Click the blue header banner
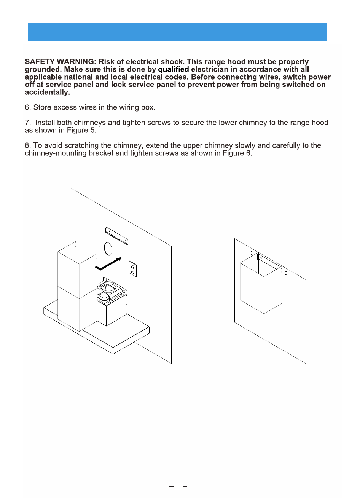point(177,32)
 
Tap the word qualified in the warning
point(174,70)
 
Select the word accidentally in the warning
point(47,92)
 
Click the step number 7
point(27,123)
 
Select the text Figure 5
point(82,130)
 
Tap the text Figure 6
point(237,153)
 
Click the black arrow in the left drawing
point(108,264)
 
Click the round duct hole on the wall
point(108,249)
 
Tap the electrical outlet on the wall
point(133,269)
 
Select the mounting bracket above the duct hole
point(117,236)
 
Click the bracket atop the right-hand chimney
point(269,261)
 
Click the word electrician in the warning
point(210,69)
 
